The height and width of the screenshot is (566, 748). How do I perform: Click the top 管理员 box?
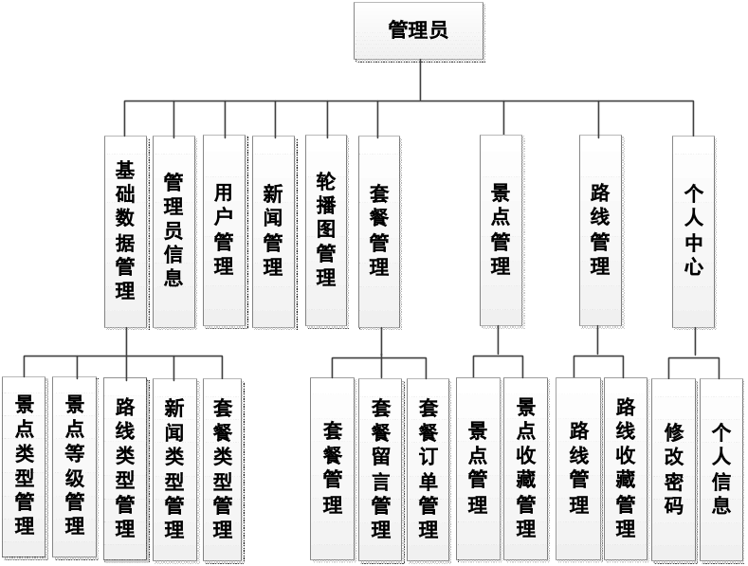[418, 31]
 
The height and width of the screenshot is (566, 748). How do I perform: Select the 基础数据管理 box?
[125, 231]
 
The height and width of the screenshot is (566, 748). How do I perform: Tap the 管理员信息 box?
[173, 231]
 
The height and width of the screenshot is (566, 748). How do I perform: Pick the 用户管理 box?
[224, 231]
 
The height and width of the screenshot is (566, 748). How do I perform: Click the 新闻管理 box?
[273, 231]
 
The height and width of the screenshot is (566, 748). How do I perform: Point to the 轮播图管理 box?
[326, 231]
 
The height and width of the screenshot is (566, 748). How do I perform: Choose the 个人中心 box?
[693, 231]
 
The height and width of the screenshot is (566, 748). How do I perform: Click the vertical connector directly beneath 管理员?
[419, 80]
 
